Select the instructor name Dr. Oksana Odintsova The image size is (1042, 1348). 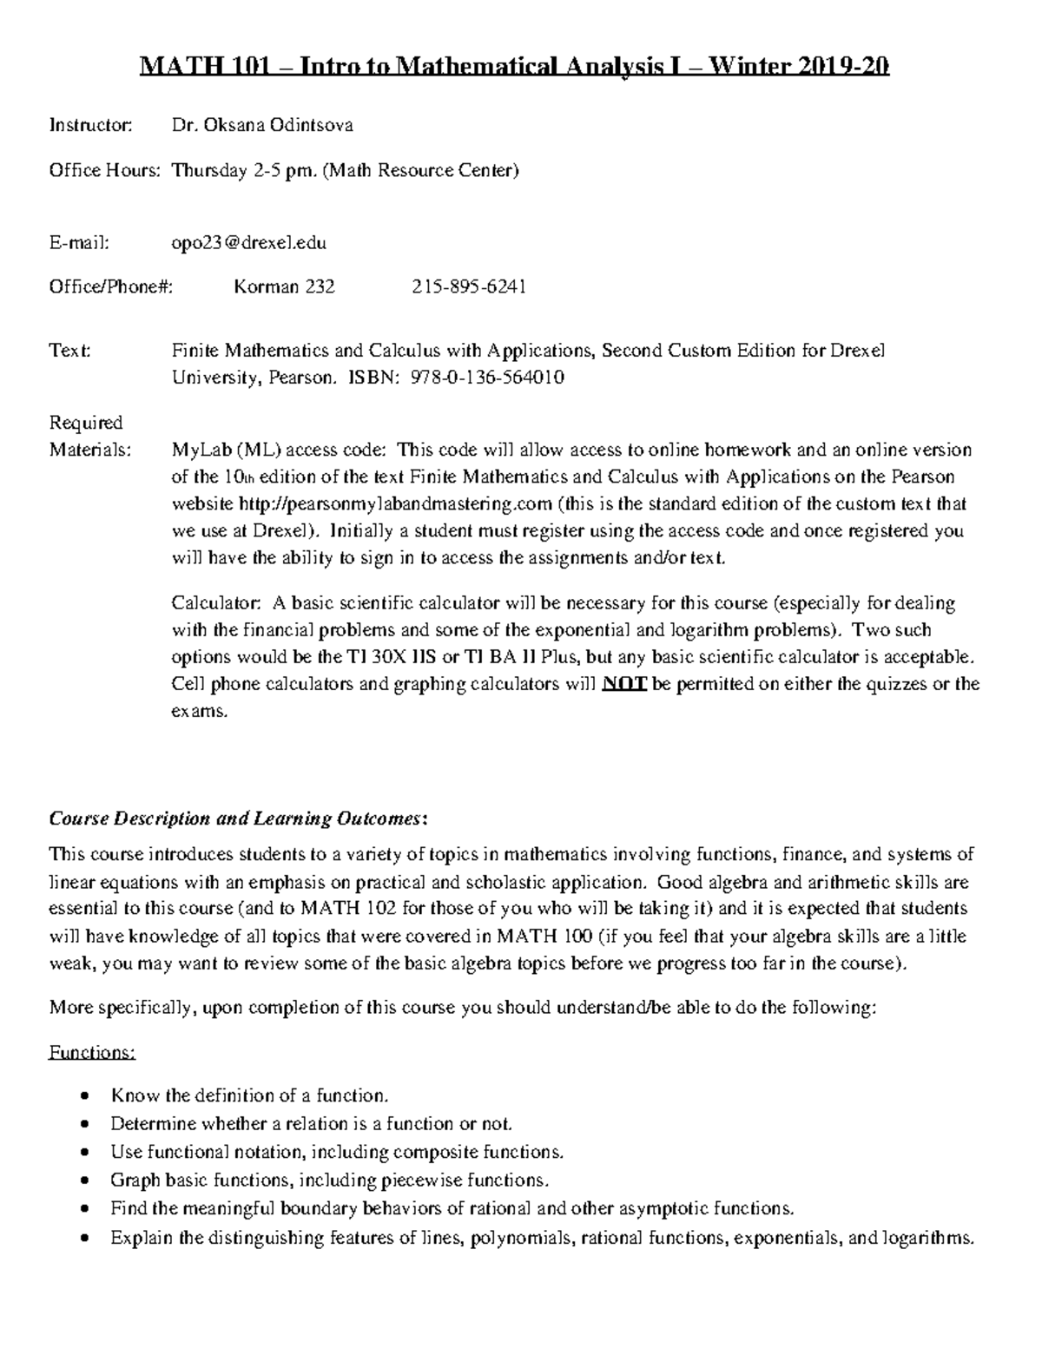click(262, 125)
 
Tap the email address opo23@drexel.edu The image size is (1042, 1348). click(249, 243)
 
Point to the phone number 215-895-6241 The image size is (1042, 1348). click(468, 286)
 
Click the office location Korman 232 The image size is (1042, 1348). click(284, 286)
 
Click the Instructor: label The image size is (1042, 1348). click(90, 125)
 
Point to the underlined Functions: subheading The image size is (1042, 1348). click(92, 1053)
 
